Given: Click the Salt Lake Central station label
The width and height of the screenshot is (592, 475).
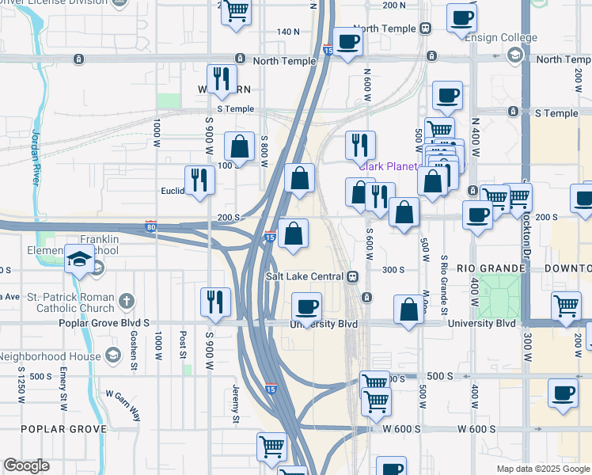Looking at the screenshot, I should tap(304, 275).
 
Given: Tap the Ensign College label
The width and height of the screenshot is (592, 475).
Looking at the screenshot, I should tap(501, 37).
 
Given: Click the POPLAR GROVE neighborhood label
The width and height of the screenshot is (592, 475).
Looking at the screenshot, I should tap(63, 429).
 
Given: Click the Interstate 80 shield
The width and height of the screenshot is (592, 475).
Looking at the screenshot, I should tap(150, 226).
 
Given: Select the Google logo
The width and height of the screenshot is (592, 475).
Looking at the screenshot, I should tap(26, 465).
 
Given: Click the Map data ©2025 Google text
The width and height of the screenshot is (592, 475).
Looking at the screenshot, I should tap(542, 469).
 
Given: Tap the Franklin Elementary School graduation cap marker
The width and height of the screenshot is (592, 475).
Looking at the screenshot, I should tap(79, 259).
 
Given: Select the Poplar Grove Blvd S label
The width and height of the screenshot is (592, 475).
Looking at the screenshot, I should tap(104, 324).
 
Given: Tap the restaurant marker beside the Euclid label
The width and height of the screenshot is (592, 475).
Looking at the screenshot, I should tap(199, 180).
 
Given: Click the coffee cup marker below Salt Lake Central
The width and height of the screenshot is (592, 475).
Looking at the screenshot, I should tap(307, 306).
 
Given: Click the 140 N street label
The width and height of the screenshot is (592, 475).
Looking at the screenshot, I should tap(288, 32).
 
